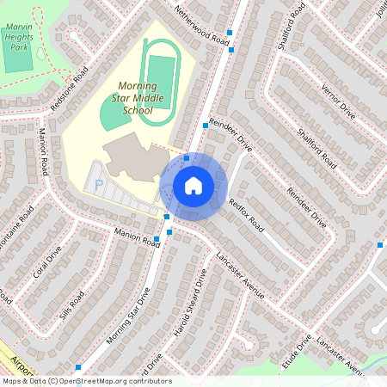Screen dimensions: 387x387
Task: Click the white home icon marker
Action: click(193, 186)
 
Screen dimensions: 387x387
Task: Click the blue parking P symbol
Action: click(99, 184)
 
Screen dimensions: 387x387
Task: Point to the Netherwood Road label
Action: click(204, 28)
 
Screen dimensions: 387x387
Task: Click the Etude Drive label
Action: click(297, 352)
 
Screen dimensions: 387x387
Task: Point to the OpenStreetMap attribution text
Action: click(86, 381)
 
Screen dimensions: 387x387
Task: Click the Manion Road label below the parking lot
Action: click(137, 237)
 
